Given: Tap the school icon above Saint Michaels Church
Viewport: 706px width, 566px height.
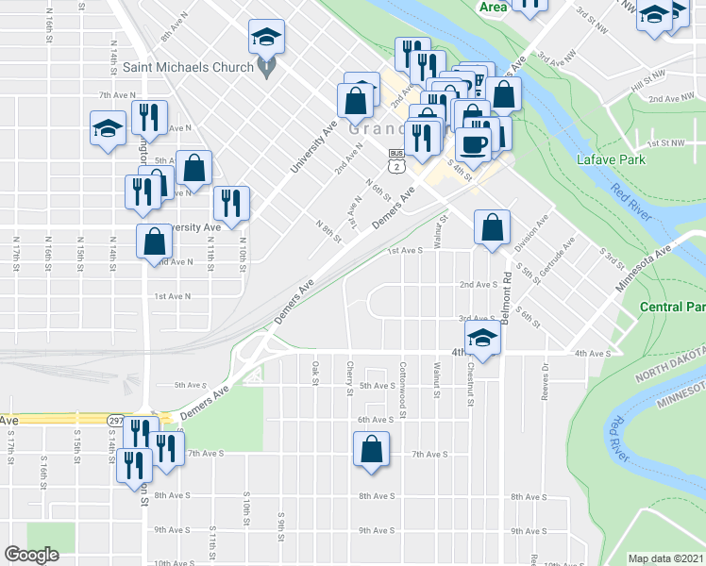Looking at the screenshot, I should (x=266, y=39).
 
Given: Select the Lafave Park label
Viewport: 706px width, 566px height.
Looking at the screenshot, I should (x=612, y=159).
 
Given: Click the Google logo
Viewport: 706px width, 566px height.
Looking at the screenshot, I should (x=32, y=555).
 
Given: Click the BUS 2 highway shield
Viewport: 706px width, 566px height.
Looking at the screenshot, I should (x=397, y=160).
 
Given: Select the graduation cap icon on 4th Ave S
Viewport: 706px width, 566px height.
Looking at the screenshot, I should (x=482, y=339).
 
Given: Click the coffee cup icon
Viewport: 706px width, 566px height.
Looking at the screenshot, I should (x=473, y=144).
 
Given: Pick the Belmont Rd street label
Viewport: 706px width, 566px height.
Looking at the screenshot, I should (x=507, y=298).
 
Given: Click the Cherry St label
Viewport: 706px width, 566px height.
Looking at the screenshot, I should (x=350, y=374).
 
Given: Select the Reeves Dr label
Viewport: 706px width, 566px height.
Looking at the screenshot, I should (x=546, y=382).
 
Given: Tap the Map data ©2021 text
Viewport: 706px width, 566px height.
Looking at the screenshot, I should (x=665, y=558).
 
